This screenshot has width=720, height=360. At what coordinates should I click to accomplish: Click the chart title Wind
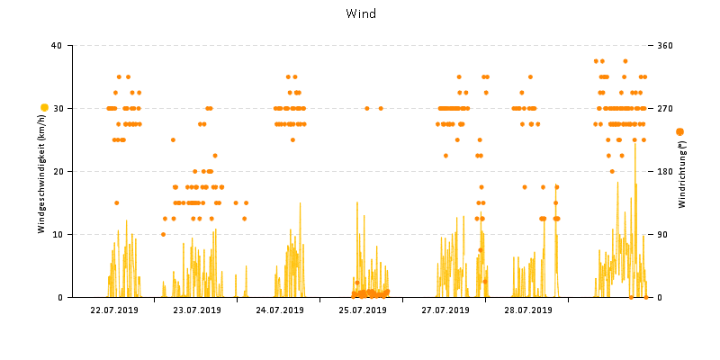[x=360, y=13]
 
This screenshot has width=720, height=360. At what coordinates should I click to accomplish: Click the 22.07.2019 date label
[x=114, y=310]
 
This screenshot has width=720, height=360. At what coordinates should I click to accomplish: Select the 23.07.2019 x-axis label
[x=197, y=310]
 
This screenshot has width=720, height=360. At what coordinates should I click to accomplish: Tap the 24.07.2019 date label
[x=280, y=310]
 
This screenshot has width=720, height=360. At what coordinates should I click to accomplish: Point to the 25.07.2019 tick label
[x=363, y=310]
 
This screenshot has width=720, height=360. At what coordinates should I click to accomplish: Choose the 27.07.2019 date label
[x=445, y=310]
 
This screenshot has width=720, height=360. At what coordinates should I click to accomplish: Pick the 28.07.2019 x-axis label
[x=528, y=310]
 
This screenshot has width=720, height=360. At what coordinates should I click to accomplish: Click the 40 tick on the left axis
[x=57, y=45]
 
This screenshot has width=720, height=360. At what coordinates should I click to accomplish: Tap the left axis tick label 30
[x=57, y=108]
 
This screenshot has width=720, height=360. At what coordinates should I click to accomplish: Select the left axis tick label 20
[x=57, y=171]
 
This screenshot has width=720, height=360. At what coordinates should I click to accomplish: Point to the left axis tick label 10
[x=57, y=234]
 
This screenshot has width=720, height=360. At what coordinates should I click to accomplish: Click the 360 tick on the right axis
[x=665, y=45]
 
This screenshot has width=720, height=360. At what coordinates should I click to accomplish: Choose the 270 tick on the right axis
[x=665, y=108]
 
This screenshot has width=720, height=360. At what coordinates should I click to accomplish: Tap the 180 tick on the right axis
[x=665, y=171]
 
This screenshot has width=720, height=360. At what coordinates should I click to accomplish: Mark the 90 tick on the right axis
[x=662, y=234]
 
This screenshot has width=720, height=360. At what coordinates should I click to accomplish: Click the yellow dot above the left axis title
[x=44, y=108]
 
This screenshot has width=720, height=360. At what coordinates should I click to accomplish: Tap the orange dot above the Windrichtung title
[x=679, y=131]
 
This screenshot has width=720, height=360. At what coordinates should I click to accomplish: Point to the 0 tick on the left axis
[x=59, y=297]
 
